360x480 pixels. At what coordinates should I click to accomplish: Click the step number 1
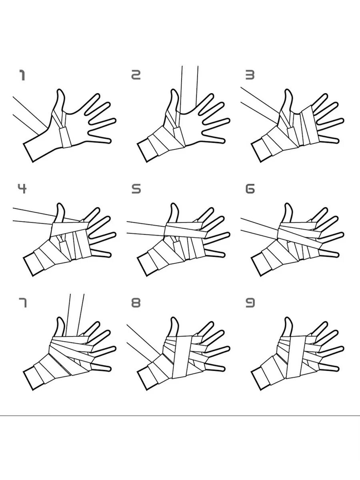22,75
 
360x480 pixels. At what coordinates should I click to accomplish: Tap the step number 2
136,75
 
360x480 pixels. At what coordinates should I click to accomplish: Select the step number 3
250,75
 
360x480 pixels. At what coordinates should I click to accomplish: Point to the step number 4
22,188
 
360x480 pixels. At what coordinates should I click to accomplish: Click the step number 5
136,189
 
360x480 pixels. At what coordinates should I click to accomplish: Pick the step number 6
250,189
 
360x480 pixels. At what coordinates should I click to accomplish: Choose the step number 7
23,303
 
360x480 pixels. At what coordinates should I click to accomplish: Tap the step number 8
136,303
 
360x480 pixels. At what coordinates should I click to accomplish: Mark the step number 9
250,303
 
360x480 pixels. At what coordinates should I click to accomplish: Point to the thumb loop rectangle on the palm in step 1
65,137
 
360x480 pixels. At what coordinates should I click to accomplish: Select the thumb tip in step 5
174,204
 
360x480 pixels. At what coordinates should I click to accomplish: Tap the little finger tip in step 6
338,255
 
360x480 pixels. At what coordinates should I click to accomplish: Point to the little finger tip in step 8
224,369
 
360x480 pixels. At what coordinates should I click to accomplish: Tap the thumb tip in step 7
60,318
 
